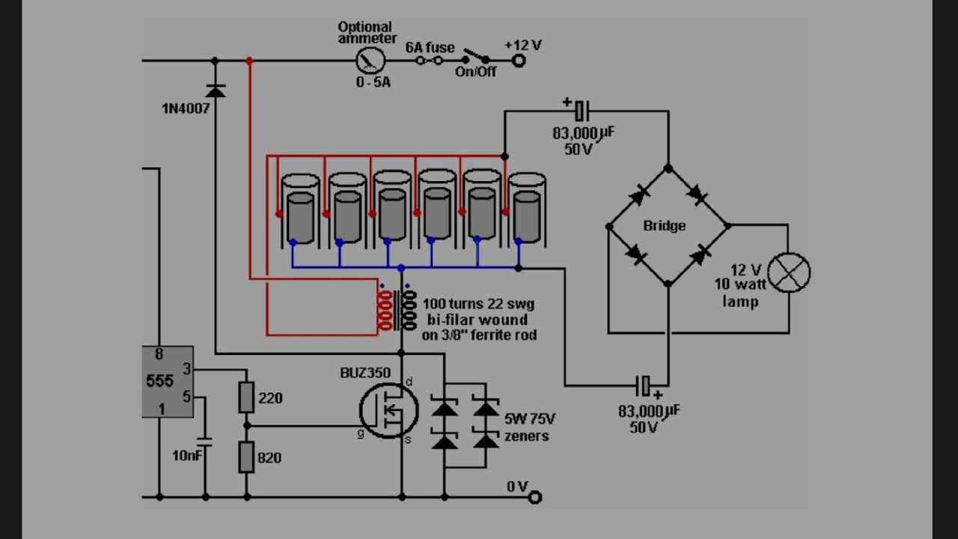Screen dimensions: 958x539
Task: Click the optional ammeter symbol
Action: [370, 61]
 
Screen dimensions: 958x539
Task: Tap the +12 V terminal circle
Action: [519, 61]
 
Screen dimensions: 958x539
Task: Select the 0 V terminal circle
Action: [535, 497]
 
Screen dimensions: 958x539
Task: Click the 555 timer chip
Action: [168, 382]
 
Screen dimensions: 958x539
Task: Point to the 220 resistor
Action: [246, 397]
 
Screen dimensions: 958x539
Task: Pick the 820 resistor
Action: [246, 457]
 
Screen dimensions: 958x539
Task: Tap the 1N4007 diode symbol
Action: [215, 91]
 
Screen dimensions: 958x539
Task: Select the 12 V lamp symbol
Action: [789, 273]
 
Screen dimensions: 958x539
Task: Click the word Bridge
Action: [664, 225]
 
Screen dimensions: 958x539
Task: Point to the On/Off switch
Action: [475, 57]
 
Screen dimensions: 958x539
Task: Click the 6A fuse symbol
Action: [429, 61]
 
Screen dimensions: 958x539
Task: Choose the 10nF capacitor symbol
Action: [205, 442]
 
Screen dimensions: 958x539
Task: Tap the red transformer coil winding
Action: [385, 311]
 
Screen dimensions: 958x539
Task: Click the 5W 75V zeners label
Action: [529, 427]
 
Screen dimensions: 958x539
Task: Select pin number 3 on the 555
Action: [186, 369]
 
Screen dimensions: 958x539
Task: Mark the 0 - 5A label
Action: [373, 82]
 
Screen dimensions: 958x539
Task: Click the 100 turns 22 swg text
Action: [478, 304]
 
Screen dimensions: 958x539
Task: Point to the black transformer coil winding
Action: [409, 311]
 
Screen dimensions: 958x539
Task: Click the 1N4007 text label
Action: [186, 109]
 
